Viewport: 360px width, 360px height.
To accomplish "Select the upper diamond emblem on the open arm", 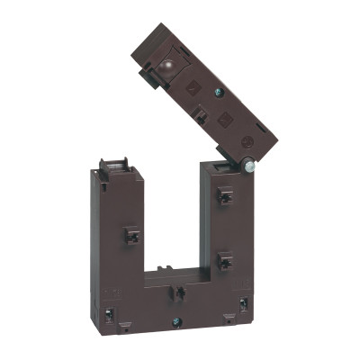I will (x=191, y=87).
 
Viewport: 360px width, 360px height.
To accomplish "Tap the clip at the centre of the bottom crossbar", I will (x=179, y=294).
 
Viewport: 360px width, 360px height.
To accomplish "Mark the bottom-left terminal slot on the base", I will (x=109, y=315).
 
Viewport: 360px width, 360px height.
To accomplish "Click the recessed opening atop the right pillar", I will (x=221, y=166).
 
